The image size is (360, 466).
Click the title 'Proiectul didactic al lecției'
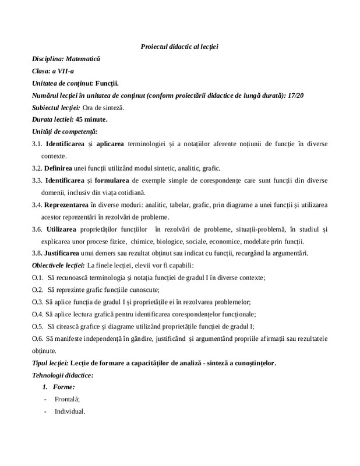click(x=179, y=47)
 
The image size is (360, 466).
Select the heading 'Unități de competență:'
click(x=65, y=132)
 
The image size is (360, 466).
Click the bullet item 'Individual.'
click(x=69, y=412)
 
